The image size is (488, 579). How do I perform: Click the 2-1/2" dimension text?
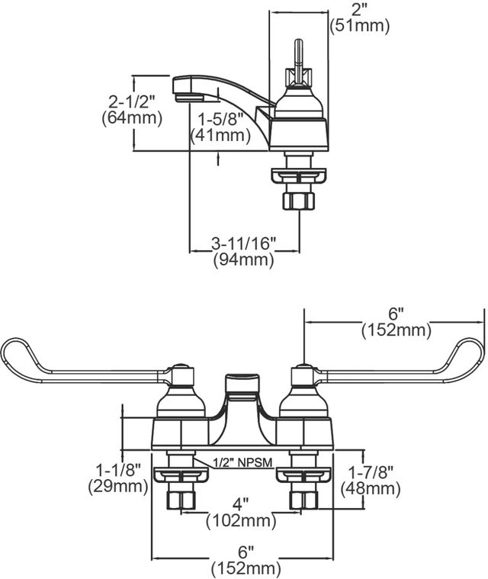pos(132,101)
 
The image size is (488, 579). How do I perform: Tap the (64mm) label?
pos(132,118)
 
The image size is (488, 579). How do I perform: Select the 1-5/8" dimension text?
pos(221,119)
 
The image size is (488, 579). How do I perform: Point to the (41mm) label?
pos(221,135)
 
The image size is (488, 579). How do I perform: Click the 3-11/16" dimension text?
pos(244,243)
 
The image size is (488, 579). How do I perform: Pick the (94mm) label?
pos(244,259)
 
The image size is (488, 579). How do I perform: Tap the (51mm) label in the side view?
pos(360,26)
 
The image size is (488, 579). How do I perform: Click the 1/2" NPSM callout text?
pos(242,462)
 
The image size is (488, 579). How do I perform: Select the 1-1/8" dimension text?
pos(118,470)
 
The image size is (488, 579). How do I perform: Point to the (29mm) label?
pos(118,487)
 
